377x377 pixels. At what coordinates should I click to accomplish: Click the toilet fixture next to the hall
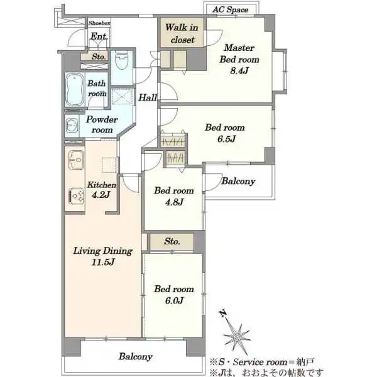121,60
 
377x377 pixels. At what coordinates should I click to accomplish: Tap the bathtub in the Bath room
75,89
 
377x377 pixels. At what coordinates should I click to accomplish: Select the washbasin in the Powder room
72,126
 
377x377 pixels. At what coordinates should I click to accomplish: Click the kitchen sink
76,160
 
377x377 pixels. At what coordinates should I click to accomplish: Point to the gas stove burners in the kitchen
77,195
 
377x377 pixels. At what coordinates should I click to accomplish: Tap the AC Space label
231,9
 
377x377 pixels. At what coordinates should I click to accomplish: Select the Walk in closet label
182,33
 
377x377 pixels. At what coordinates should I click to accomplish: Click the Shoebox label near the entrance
99,23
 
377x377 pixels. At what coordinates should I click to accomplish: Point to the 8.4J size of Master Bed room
239,70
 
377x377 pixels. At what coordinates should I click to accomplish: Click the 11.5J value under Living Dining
103,262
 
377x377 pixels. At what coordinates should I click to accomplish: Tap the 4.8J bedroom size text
174,202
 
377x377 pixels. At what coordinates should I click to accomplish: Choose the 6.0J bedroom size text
174,300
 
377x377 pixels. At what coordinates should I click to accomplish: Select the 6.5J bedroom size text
226,139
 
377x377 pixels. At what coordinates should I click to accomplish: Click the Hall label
148,97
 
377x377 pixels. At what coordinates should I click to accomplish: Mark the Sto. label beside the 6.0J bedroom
172,241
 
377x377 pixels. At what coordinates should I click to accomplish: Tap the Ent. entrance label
99,36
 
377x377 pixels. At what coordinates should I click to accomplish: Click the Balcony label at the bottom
135,356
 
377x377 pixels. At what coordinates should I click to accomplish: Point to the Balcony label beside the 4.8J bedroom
238,181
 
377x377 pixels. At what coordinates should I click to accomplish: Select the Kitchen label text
101,185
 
